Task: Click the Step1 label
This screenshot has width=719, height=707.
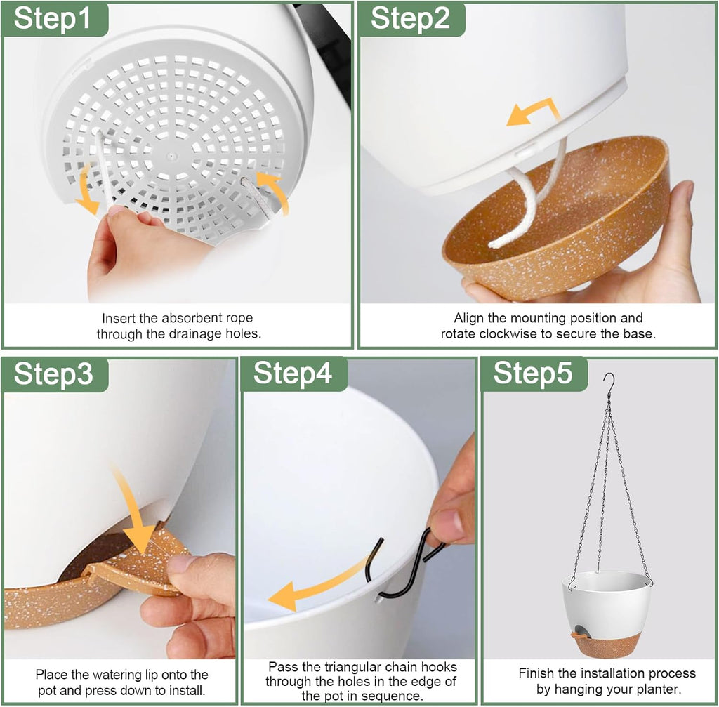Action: [x=52, y=18]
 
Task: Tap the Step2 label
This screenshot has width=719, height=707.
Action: [x=410, y=18]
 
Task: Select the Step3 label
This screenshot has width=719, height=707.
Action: [x=53, y=374]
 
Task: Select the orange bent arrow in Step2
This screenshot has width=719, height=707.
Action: [x=534, y=112]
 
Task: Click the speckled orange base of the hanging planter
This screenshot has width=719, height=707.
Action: [x=606, y=645]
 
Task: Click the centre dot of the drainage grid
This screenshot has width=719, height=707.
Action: [x=171, y=156]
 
